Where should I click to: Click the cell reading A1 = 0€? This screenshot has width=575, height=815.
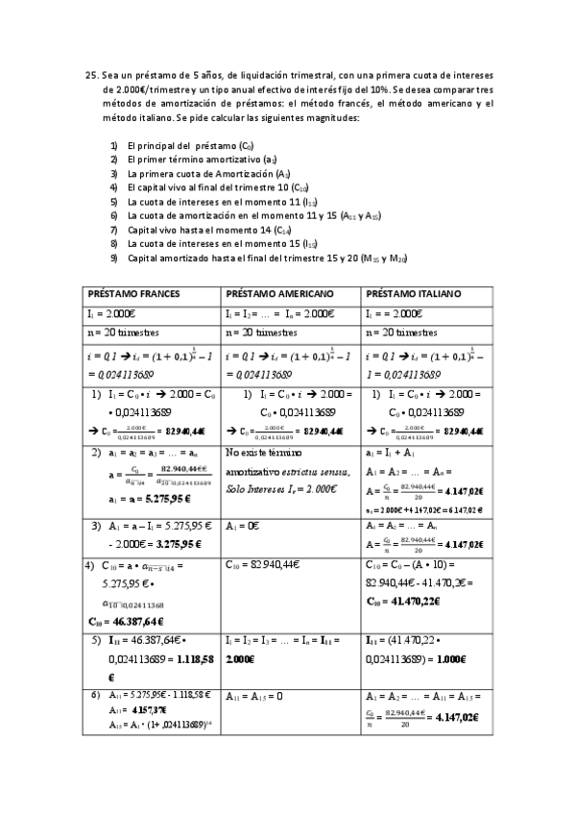click(x=246, y=527)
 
